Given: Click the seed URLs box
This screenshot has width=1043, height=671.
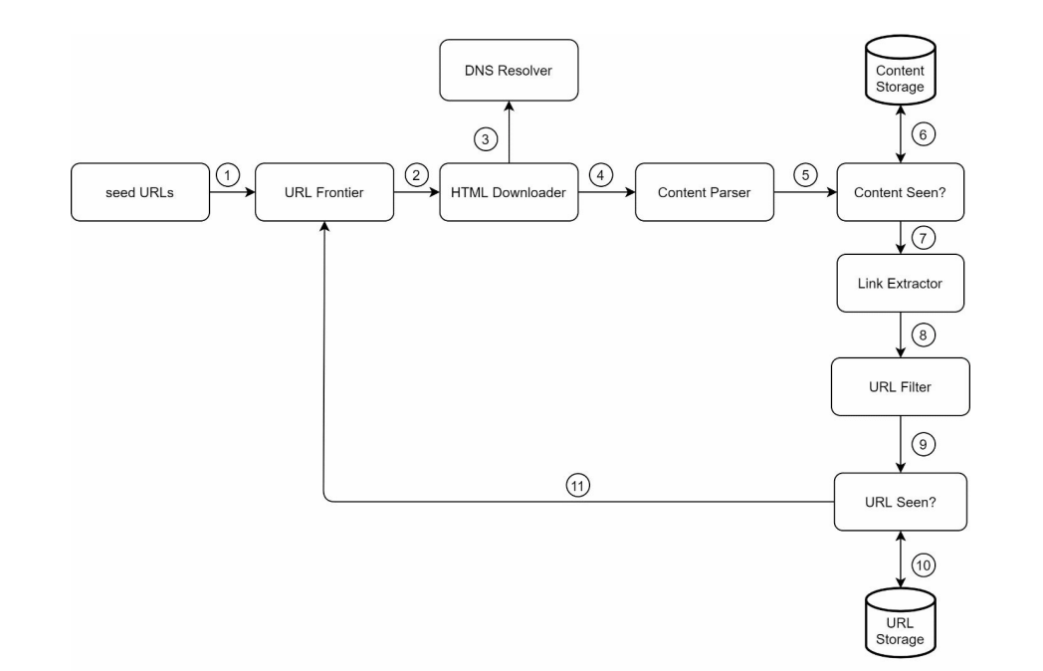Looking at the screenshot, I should pyautogui.click(x=139, y=194).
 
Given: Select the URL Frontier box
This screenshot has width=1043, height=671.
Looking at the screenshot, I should pyautogui.click(x=324, y=194).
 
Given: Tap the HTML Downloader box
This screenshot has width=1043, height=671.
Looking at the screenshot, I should pyautogui.click(x=510, y=194).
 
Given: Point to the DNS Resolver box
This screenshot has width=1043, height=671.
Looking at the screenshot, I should pyautogui.click(x=510, y=69).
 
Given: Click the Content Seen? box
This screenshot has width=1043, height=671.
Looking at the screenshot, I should pyautogui.click(x=901, y=194).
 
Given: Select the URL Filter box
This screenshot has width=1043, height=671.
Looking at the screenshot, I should pyautogui.click(x=901, y=387).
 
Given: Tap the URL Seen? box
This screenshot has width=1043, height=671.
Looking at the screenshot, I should pyautogui.click(x=901, y=501).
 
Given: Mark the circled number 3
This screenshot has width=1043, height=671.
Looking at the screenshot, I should pyautogui.click(x=485, y=139).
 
